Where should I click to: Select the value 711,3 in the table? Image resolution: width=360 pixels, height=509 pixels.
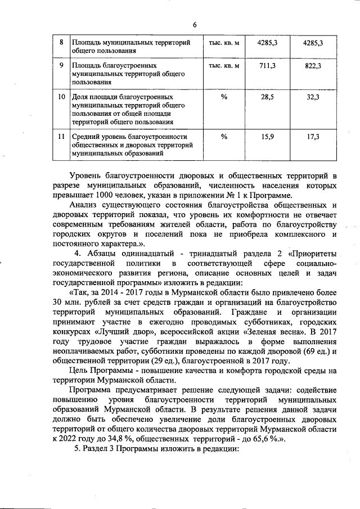pos(265,66)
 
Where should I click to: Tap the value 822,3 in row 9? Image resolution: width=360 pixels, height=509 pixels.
pos(312,66)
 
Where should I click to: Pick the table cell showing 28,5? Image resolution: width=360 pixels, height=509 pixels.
pos(265,97)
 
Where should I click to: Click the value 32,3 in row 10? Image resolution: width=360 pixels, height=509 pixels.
pos(312,97)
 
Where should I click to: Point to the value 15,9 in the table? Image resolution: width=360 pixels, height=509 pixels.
pos(265,137)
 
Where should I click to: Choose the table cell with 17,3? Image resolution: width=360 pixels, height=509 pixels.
pos(312,137)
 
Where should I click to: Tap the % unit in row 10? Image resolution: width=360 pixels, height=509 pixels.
pos(224,97)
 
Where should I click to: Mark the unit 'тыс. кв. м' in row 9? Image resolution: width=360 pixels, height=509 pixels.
pos(224,66)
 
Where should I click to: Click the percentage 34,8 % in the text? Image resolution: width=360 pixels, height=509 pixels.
pos(134,439)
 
